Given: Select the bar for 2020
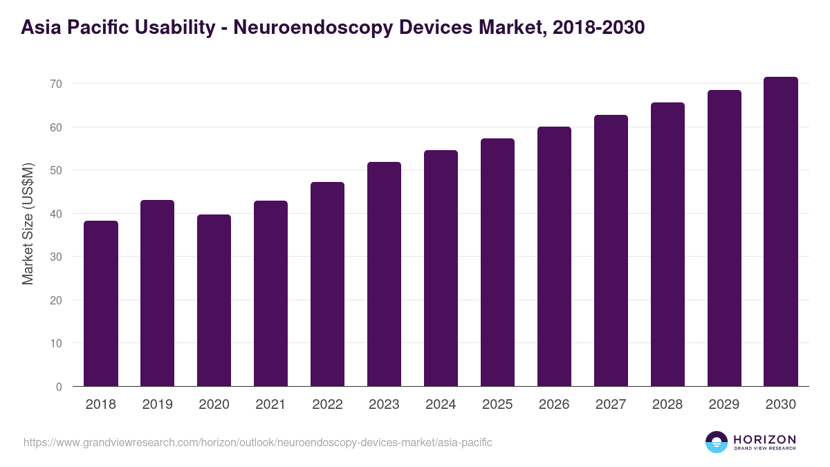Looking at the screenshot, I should pos(214,300).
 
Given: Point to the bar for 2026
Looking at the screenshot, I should pos(555,257).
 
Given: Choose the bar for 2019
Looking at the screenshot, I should pos(158,293).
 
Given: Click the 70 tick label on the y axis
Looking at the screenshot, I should pos(56,84).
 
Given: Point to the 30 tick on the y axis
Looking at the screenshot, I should pos(56,257).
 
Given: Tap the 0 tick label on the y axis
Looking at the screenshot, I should pos(59,387).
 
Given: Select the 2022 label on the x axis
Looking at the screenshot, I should pos(328,405).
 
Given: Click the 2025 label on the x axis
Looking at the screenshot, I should pos(498,405).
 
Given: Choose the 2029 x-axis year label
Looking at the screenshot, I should pos(724,405).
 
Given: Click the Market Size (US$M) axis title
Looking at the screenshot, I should pos(28,223).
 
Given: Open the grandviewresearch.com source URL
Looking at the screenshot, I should pos(258,442).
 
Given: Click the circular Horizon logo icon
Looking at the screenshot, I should pos(717,442).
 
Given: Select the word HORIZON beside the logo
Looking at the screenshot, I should pos(764,439).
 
